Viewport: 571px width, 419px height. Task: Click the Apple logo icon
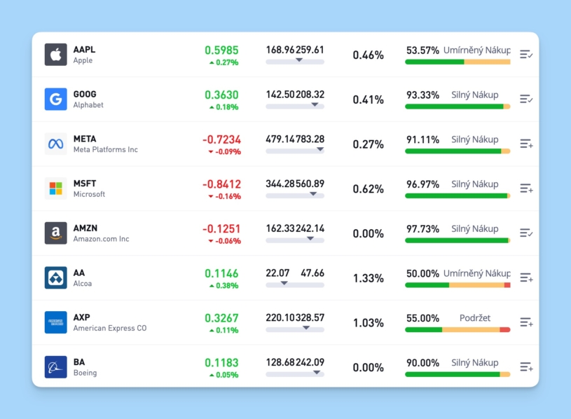pyautogui.click(x=56, y=55)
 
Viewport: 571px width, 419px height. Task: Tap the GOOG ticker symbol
pyautogui.click(x=85, y=94)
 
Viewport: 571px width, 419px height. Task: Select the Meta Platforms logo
pyautogui.click(x=56, y=144)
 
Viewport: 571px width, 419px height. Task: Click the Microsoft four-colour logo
pyautogui.click(x=56, y=188)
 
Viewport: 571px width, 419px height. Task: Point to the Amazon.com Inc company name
pyautogui.click(x=101, y=239)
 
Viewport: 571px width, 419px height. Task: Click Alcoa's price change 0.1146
pyautogui.click(x=221, y=273)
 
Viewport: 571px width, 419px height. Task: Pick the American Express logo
pyautogui.click(x=56, y=322)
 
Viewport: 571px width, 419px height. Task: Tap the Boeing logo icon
pyautogui.click(x=56, y=367)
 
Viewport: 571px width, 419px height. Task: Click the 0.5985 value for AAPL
pyautogui.click(x=221, y=50)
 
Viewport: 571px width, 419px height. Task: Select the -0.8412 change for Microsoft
pyautogui.click(x=221, y=184)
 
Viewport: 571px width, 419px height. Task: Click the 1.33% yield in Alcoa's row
pyautogui.click(x=368, y=278)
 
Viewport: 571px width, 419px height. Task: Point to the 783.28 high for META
pyautogui.click(x=310, y=139)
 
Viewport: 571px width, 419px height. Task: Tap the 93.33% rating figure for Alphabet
pyautogui.click(x=423, y=95)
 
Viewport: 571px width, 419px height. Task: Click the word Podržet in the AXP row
pyautogui.click(x=474, y=318)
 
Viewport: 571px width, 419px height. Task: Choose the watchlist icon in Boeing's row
pyautogui.click(x=526, y=367)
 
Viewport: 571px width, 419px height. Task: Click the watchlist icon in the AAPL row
pyautogui.click(x=526, y=54)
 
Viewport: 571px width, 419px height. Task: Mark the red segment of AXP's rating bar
pyautogui.click(x=505, y=329)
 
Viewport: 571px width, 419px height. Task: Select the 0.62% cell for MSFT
pyautogui.click(x=368, y=189)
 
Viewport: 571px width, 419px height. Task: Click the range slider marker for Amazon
pyautogui.click(x=310, y=239)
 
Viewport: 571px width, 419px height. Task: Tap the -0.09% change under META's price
pyautogui.click(x=224, y=151)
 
